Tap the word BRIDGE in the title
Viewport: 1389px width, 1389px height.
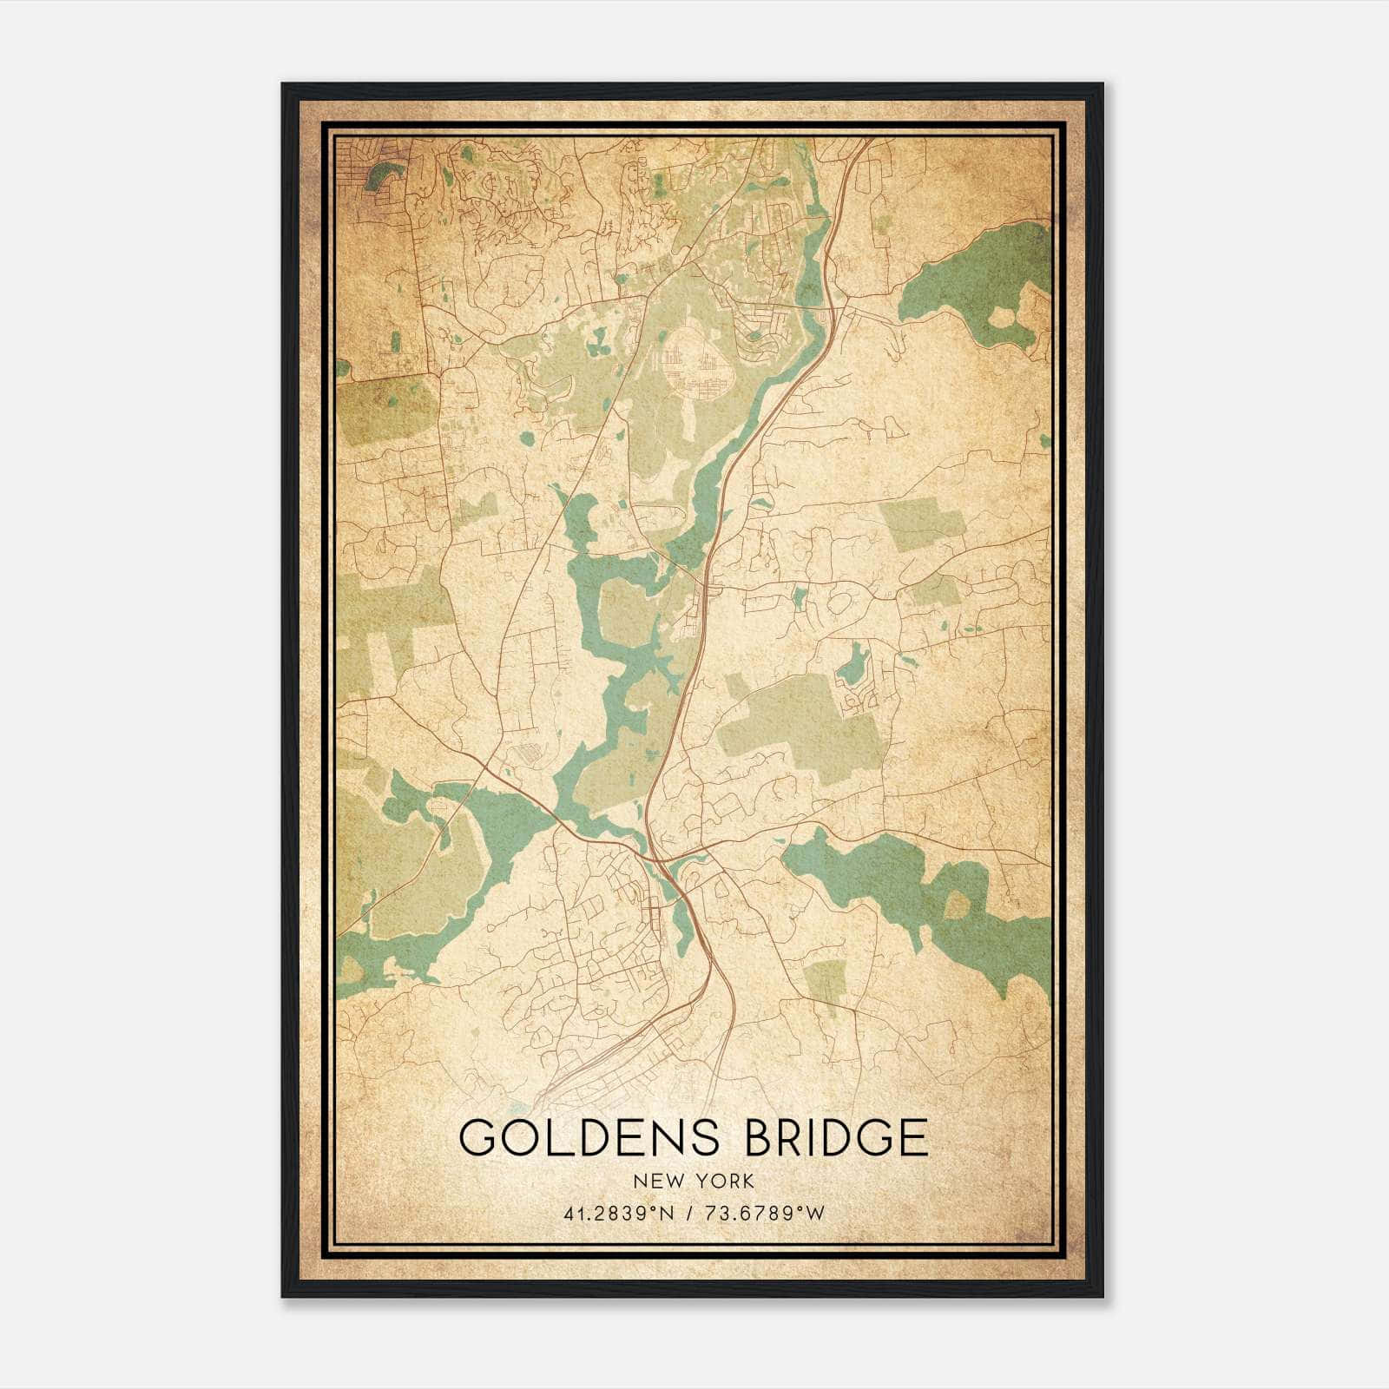tap(837, 1136)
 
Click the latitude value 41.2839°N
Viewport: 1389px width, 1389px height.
tap(618, 1214)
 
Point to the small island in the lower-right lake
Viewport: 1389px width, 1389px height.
tap(956, 905)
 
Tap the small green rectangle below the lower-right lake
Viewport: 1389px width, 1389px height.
tap(824, 979)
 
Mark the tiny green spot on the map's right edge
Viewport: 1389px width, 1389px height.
tap(1044, 441)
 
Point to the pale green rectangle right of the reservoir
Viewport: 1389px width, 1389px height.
tap(922, 526)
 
